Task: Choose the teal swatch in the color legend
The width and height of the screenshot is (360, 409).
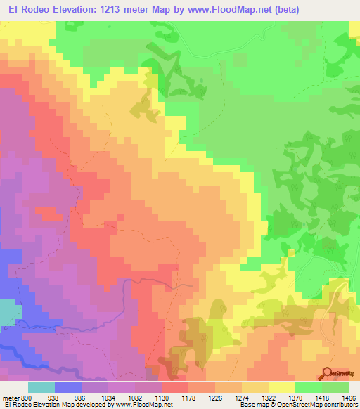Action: point(41,387)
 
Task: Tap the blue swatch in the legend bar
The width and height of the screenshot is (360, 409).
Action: point(68,387)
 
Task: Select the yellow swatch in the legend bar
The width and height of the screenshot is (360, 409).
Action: point(281,387)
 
